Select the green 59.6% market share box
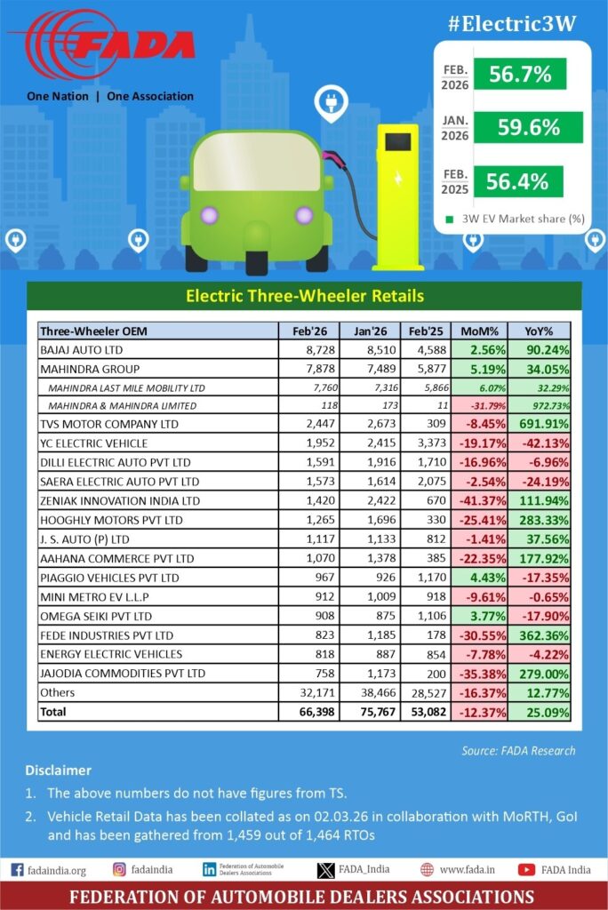529,127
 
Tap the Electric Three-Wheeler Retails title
303,296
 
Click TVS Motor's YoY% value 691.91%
543,424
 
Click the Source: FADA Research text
518,751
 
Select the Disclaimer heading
57,770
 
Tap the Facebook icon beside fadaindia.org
17,869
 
